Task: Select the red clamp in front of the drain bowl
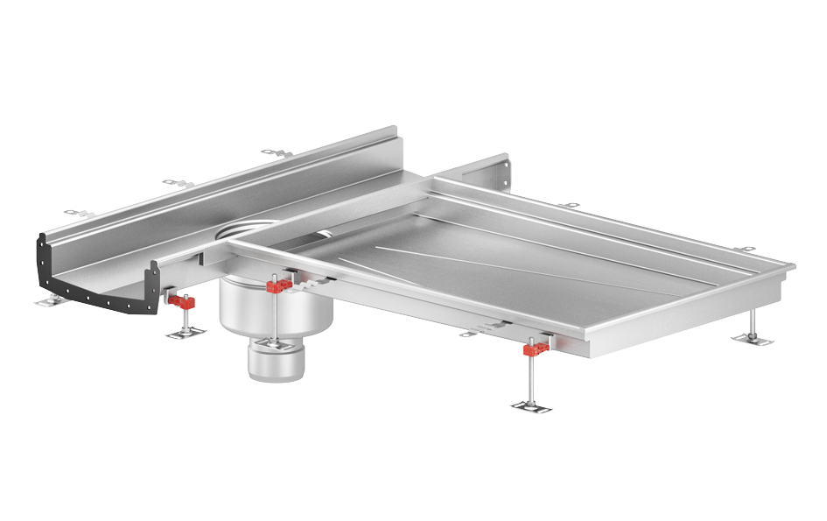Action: click(279, 287)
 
